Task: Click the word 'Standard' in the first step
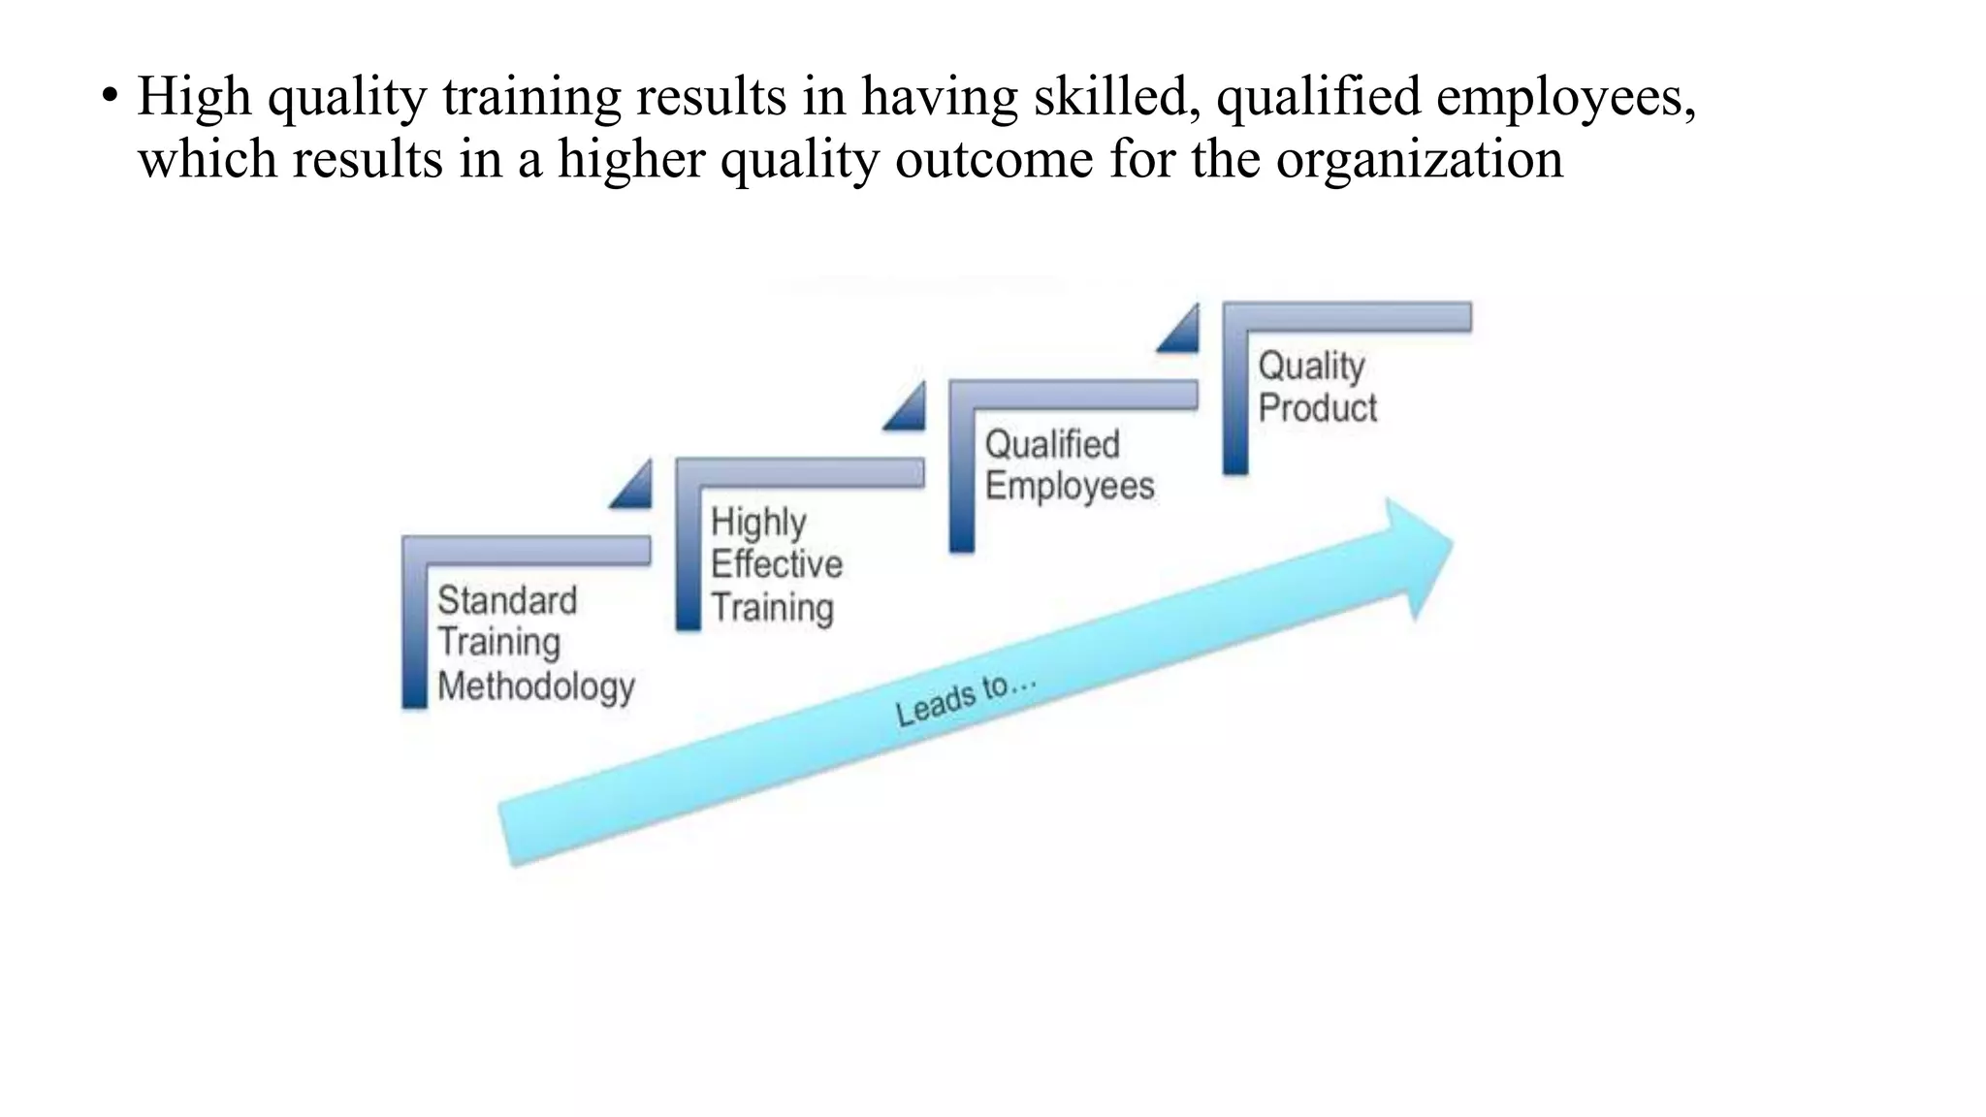[507, 600]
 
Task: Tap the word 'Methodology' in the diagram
[535, 686]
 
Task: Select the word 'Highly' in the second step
[758, 523]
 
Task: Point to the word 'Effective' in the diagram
[777, 564]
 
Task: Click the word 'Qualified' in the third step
[1052, 444]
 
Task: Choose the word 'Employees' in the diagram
[1070, 486]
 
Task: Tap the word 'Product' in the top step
[1317, 408]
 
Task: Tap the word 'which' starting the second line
[208, 158]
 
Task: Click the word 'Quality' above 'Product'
[1311, 367]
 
